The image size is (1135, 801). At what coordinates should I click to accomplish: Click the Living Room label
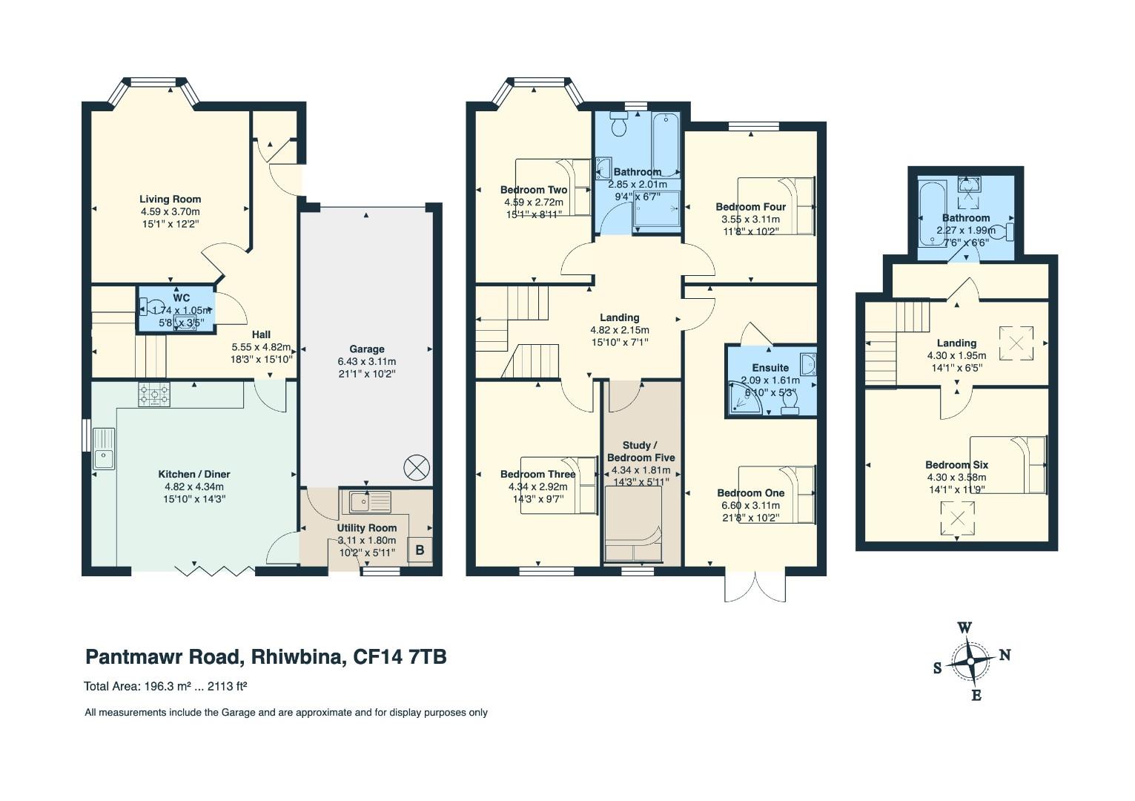click(x=171, y=200)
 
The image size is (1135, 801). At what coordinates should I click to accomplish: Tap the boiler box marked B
click(x=420, y=550)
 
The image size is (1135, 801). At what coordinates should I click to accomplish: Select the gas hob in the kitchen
click(x=154, y=395)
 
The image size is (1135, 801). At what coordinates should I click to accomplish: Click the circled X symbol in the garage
click(x=417, y=467)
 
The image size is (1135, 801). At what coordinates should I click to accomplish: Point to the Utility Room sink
click(x=370, y=502)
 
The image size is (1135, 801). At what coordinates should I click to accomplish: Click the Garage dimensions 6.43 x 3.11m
click(x=367, y=361)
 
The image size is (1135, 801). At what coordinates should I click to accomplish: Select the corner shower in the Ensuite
click(x=745, y=398)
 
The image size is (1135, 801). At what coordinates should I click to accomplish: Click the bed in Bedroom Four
click(x=776, y=206)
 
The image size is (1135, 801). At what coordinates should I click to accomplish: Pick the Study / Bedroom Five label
click(x=641, y=451)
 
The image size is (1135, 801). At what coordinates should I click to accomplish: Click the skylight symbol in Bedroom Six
click(x=957, y=518)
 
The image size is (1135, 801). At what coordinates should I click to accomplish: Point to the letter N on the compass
click(x=1005, y=656)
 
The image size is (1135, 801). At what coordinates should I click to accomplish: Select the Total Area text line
click(x=165, y=687)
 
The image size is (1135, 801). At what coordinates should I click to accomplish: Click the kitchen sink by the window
click(x=104, y=449)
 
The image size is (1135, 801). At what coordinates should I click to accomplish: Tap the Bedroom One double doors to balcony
click(x=755, y=587)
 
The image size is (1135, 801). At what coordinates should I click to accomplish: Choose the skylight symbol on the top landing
click(x=1016, y=343)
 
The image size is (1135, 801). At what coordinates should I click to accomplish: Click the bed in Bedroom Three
click(x=559, y=486)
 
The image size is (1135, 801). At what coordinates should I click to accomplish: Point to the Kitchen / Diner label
click(x=194, y=475)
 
